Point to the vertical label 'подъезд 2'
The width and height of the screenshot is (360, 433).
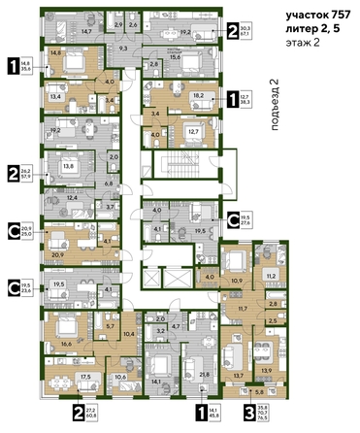274,97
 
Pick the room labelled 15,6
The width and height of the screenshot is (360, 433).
176,58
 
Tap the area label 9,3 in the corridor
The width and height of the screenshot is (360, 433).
123,47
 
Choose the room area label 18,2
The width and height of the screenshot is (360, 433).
198,96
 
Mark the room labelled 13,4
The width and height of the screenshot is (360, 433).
56,97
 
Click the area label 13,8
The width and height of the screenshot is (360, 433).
71,166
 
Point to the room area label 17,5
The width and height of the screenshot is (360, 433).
85,377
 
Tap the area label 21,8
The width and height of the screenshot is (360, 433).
204,374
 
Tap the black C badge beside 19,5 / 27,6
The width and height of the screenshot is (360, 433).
232,218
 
